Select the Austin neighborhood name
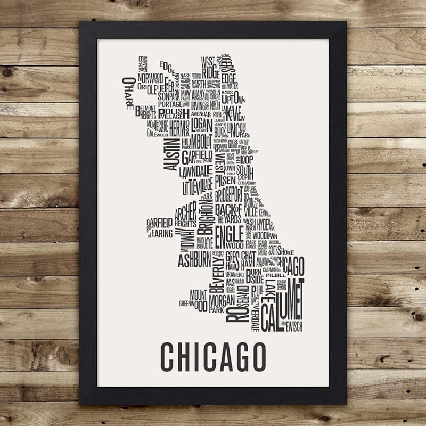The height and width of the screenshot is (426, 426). [174, 154]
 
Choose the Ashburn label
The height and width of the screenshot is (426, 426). [194, 260]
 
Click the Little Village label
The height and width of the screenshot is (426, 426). [196, 186]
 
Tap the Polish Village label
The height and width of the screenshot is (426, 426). [174, 114]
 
